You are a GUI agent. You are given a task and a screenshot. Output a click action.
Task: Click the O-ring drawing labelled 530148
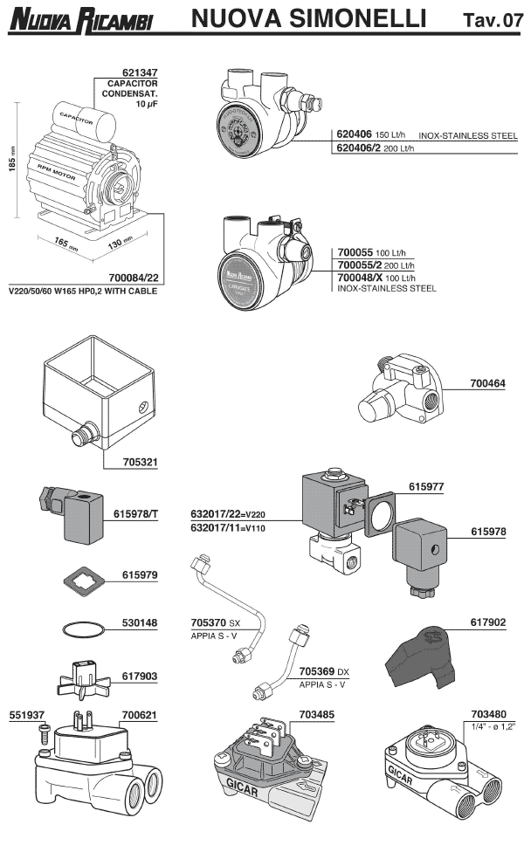click(x=82, y=627)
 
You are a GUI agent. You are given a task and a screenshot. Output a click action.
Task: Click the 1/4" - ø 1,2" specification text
click(x=493, y=726)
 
